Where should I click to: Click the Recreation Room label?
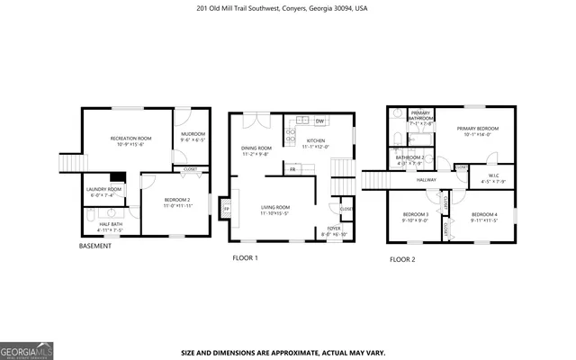(x=130, y=138)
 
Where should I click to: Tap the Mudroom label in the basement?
(x=193, y=134)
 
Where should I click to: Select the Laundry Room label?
(x=103, y=189)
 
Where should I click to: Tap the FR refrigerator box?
(x=292, y=168)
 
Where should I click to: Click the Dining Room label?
(x=256, y=148)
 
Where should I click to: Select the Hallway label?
(x=427, y=180)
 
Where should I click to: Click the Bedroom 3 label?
(x=414, y=213)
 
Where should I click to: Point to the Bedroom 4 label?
(x=483, y=213)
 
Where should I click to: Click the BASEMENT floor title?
(x=95, y=246)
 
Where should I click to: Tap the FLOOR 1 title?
(x=245, y=258)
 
